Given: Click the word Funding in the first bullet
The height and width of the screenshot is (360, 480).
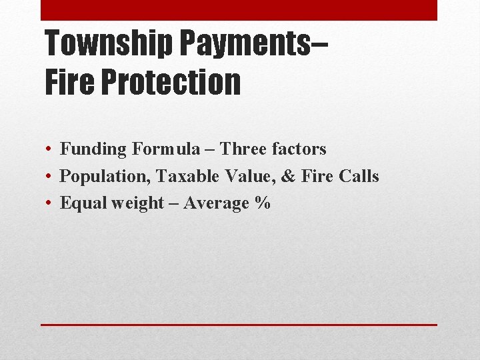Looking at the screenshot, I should pyautogui.click(x=93, y=149).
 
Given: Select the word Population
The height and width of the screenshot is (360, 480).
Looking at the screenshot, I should pyautogui.click(x=105, y=177).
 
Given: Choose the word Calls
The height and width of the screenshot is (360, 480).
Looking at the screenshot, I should pyautogui.click(x=358, y=176).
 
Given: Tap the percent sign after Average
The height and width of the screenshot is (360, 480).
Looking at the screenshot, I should pyautogui.click(x=262, y=203).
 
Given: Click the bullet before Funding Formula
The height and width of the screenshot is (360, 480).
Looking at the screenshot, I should pyautogui.click(x=50, y=149).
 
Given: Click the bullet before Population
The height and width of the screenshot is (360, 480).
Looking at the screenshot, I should pyautogui.click(x=50, y=177).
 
